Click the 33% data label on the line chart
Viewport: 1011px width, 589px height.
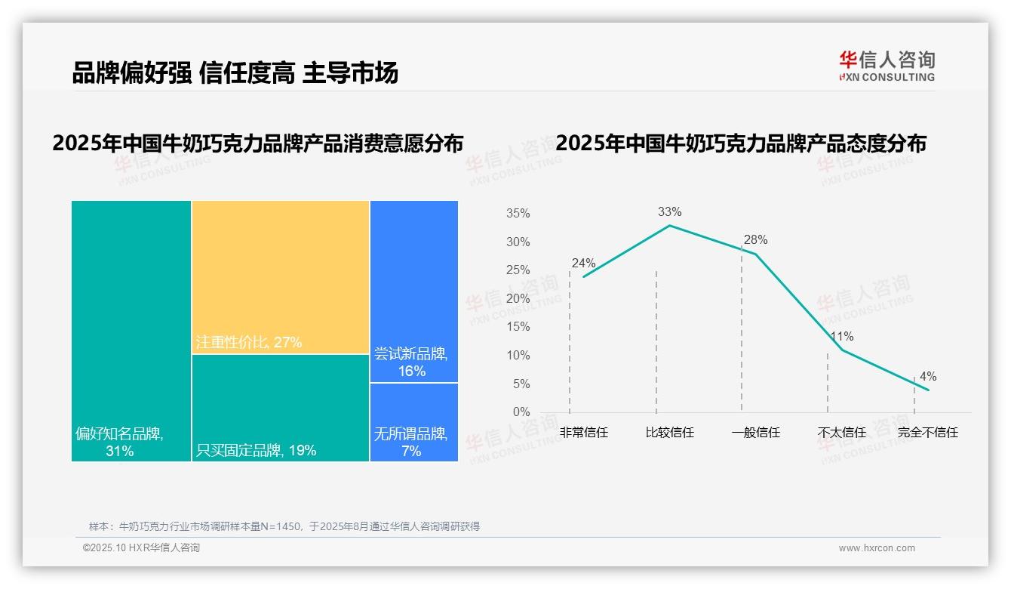pyautogui.click(x=669, y=212)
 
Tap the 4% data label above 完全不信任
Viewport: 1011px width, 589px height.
pyautogui.click(x=928, y=377)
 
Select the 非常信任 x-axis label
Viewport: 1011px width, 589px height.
pyautogui.click(x=584, y=433)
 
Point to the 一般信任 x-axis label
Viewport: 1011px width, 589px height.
pyautogui.click(x=755, y=433)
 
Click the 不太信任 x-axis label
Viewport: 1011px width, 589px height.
pyautogui.click(x=842, y=433)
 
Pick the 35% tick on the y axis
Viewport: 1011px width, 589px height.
pyautogui.click(x=518, y=214)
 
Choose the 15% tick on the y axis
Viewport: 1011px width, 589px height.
pyautogui.click(x=518, y=327)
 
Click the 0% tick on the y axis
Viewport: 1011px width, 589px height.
pyautogui.click(x=521, y=412)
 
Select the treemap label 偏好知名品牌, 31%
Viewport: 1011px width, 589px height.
pyautogui.click(x=119, y=443)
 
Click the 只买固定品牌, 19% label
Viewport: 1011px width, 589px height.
pyautogui.click(x=257, y=451)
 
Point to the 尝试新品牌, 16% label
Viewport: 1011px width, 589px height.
pyautogui.click(x=411, y=362)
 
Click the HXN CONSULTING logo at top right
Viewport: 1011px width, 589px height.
pyautogui.click(x=887, y=66)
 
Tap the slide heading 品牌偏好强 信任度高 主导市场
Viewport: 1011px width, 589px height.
pyautogui.click(x=235, y=73)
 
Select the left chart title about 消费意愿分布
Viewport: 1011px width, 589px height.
pyautogui.click(x=258, y=143)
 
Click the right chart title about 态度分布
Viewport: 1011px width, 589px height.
pyautogui.click(x=741, y=143)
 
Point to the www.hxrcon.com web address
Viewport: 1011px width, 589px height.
pyautogui.click(x=877, y=548)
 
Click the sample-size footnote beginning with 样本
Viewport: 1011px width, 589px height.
pyautogui.click(x=284, y=526)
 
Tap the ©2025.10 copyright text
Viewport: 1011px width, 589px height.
pyautogui.click(x=141, y=548)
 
